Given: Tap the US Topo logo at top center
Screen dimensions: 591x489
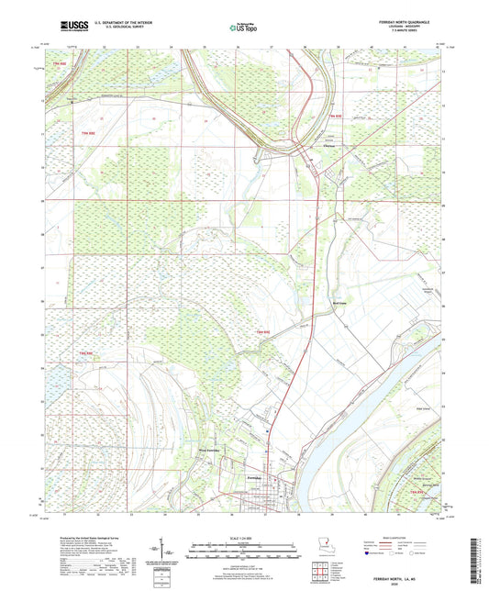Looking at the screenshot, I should [x=243, y=28].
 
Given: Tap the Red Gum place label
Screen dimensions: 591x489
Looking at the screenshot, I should [x=337, y=301].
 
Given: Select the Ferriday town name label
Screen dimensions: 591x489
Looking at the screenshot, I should [x=256, y=477].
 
